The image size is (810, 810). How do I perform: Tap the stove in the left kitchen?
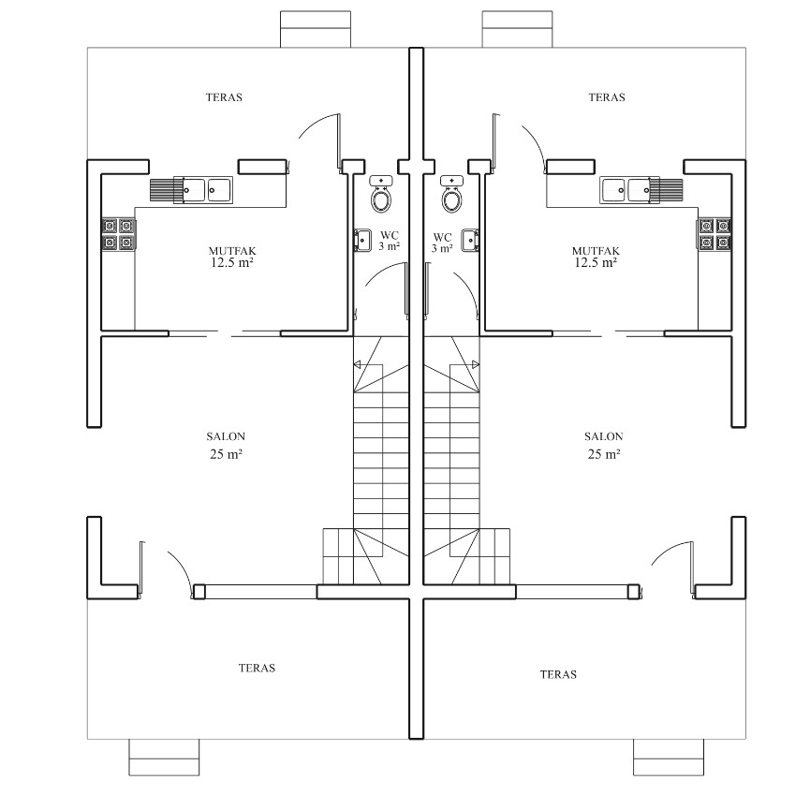[119, 234]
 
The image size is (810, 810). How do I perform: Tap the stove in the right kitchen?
[714, 234]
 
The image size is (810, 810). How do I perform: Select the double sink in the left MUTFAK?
[202, 189]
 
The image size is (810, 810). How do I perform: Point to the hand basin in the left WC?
[362, 241]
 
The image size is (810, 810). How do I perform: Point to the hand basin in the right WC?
[471, 241]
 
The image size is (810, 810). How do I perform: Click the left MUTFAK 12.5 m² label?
[232, 257]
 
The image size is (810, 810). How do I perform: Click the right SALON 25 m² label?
[604, 446]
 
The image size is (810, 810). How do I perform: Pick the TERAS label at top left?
[224, 97]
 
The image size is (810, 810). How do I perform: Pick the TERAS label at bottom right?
[558, 674]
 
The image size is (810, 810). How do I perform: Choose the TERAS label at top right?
[607, 97]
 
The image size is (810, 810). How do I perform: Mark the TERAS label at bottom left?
[257, 668]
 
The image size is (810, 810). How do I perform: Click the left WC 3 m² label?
[389, 242]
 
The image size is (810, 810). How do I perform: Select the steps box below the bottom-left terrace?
[164, 758]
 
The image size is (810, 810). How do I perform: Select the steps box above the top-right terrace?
[517, 29]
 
